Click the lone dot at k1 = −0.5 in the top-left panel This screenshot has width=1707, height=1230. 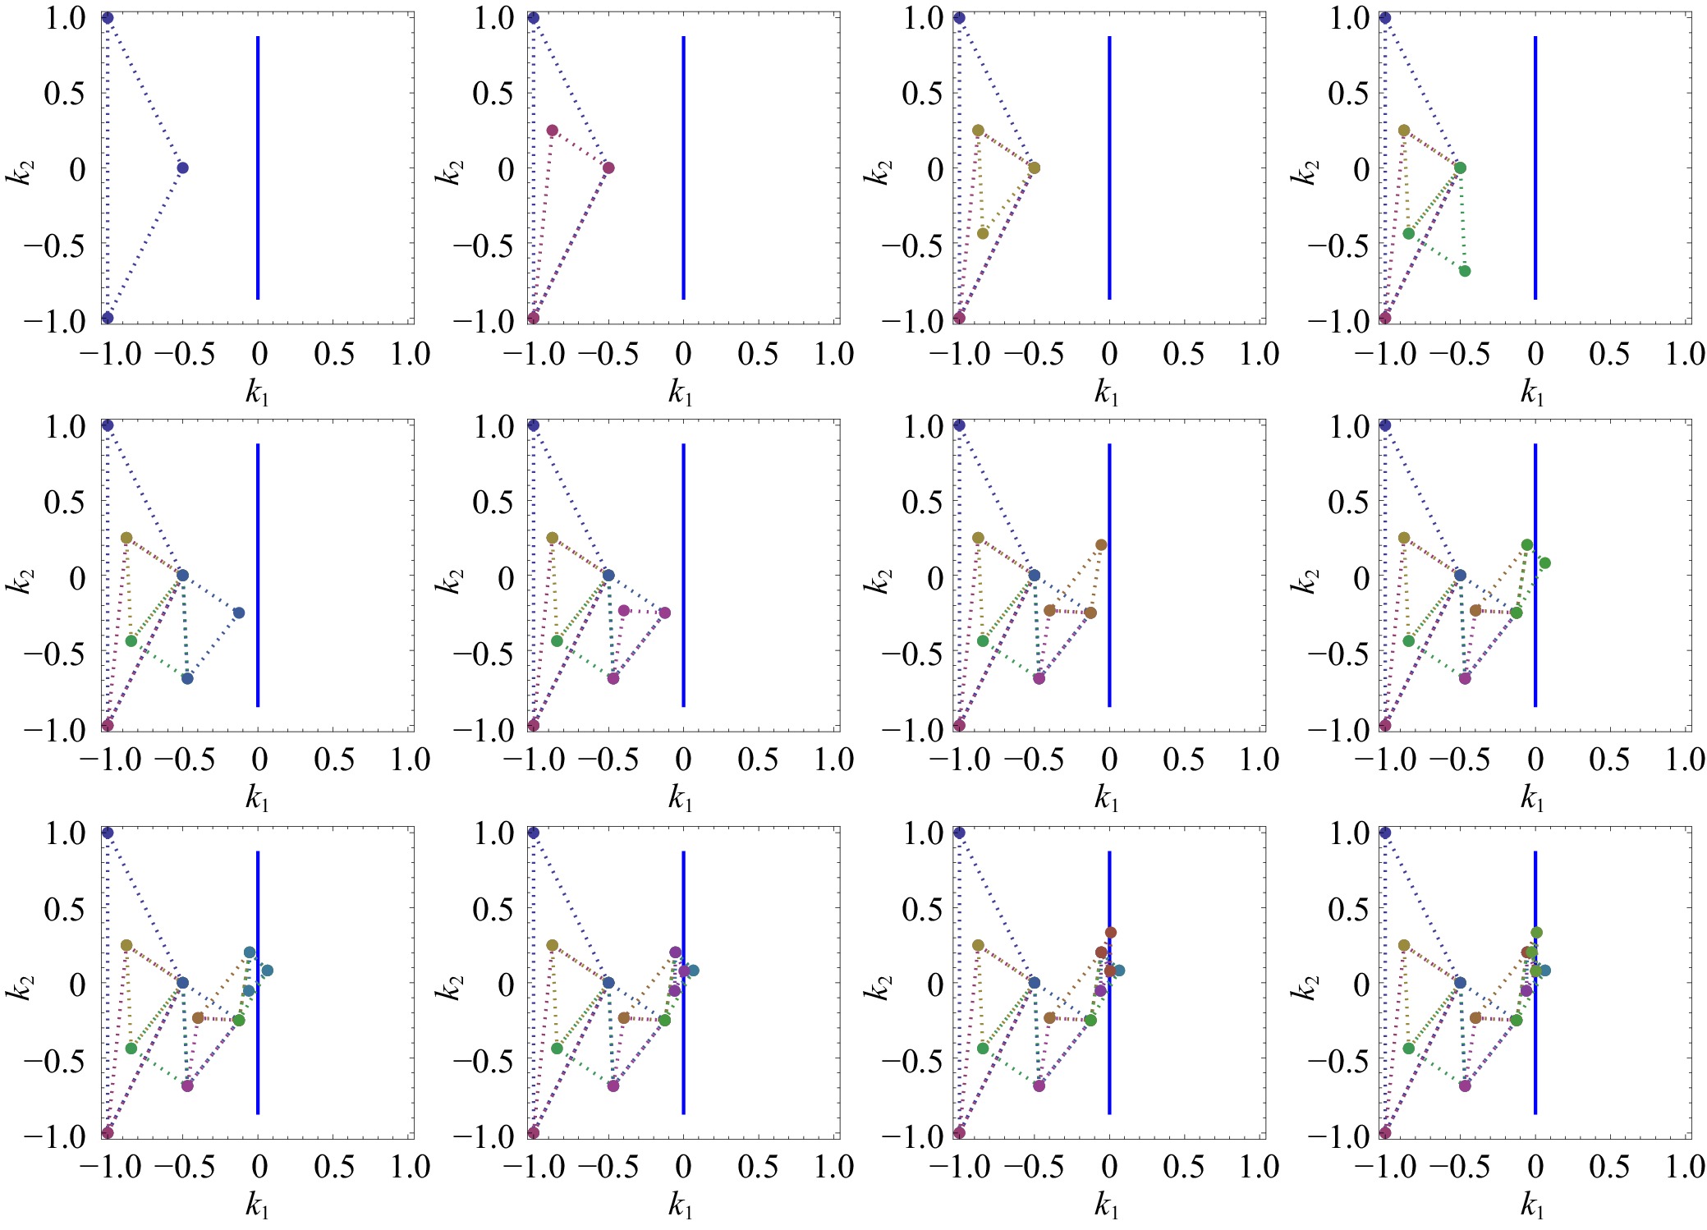[x=182, y=168]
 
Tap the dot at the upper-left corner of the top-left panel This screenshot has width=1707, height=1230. [x=108, y=17]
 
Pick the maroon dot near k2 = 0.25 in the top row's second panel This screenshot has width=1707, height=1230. [x=553, y=131]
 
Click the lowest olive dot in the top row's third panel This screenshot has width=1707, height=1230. [x=983, y=233]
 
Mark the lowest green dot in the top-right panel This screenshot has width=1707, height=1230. [x=1465, y=271]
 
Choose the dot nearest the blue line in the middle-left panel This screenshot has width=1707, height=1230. [x=239, y=613]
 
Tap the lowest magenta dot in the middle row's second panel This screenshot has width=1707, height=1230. [x=613, y=678]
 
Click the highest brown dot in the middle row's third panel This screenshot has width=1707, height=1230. [x=1101, y=544]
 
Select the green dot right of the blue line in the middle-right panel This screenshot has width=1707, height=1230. [x=1544, y=562]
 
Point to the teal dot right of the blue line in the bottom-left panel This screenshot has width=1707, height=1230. [x=268, y=971]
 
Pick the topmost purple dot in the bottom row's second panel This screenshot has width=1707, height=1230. [x=675, y=952]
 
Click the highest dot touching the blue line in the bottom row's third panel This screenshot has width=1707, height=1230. [x=1111, y=932]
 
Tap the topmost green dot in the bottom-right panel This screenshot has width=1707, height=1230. [x=1536, y=932]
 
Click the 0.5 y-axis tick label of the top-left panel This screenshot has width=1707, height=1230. [x=64, y=93]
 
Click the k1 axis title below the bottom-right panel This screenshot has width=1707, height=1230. [x=1532, y=1205]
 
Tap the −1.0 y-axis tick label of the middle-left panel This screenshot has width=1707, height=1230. [x=54, y=728]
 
